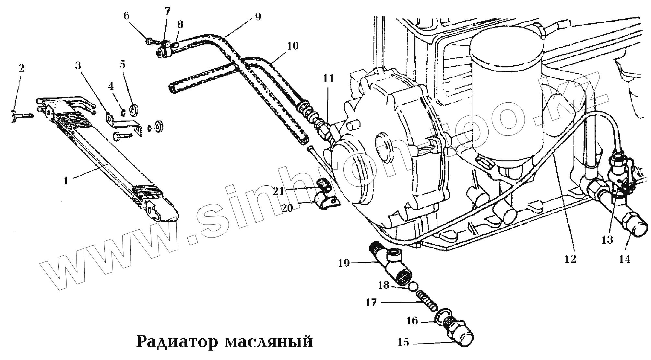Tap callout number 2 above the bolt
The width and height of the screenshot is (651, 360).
coord(21,68)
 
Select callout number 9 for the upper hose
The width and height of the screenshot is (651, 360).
coord(258,17)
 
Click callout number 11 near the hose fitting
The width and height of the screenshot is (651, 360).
coord(328,79)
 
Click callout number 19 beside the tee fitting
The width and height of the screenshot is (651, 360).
coord(344,263)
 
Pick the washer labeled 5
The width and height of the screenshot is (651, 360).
coord(134,110)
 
